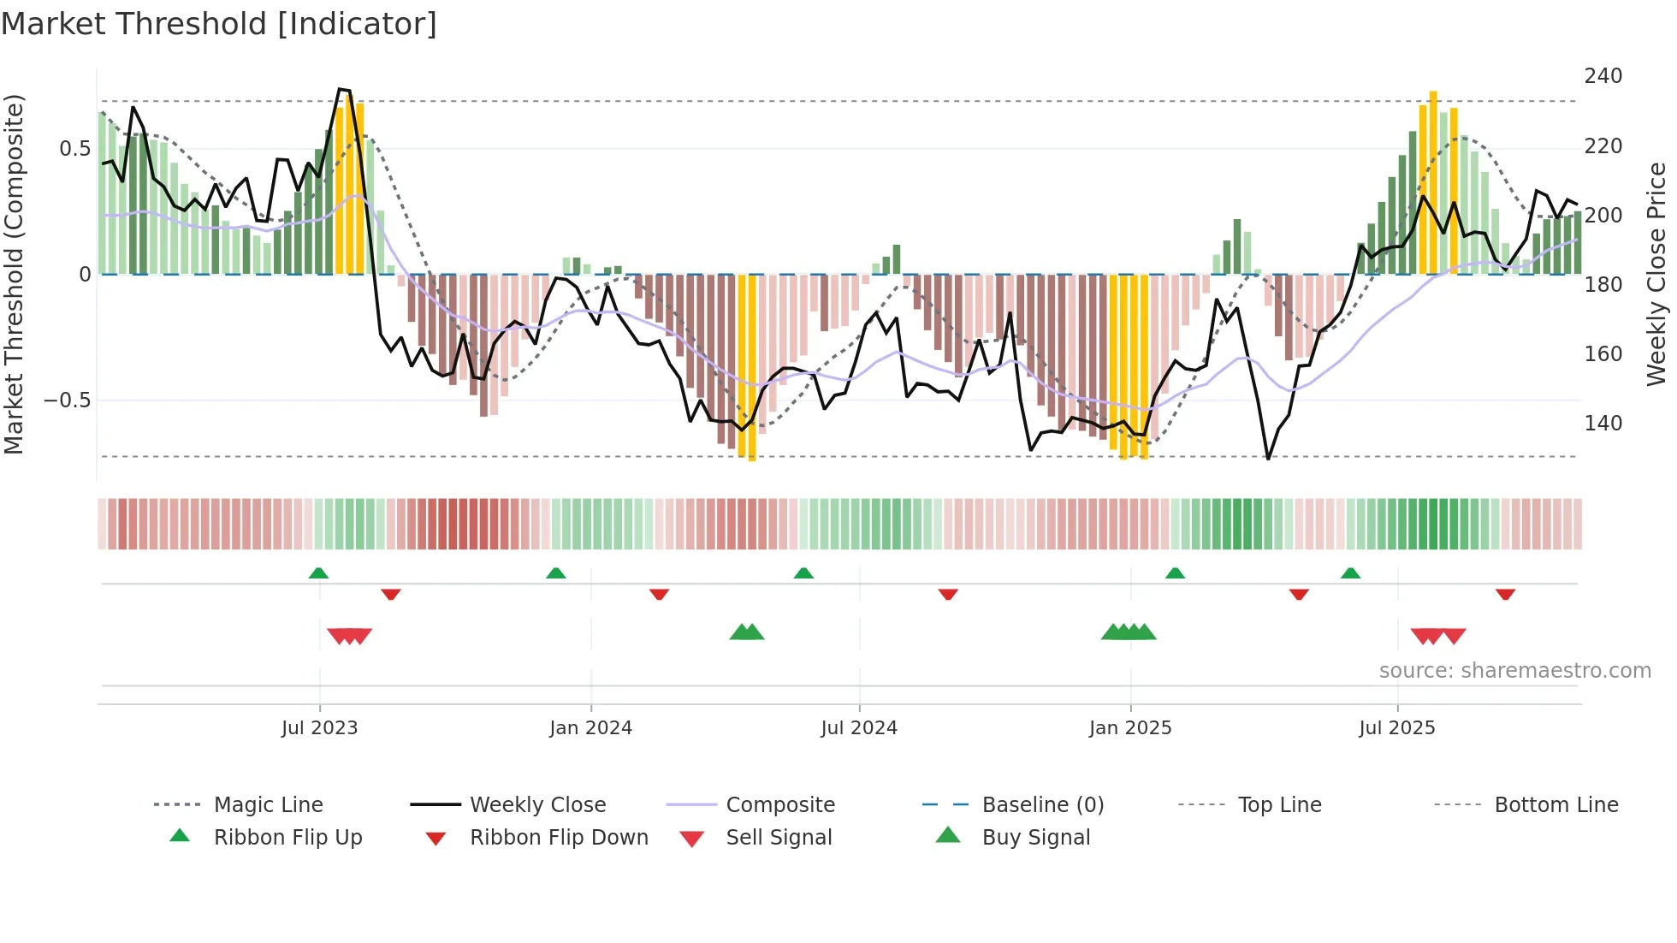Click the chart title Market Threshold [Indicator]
219,24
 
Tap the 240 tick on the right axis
1603,76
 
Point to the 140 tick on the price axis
1603,424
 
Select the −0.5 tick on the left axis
68,400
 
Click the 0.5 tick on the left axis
74,149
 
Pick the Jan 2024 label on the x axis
590,728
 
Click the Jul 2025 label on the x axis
1396,728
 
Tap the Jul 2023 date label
319,728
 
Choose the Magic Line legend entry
268,805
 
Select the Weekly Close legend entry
537,805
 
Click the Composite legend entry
779,805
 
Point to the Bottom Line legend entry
1556,805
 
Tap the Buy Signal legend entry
1035,838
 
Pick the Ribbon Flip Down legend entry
558,838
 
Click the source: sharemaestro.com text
1514,671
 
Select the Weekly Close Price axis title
1656,274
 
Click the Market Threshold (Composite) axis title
14,274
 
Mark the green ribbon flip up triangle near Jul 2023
318,573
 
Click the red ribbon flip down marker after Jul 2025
1505,594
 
